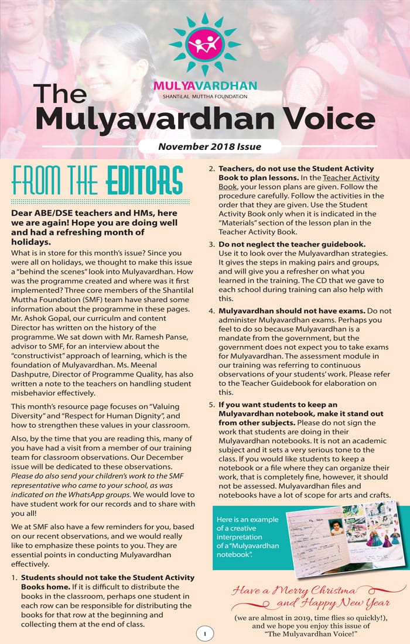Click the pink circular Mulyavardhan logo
click(205, 44)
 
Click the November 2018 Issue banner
click(210, 146)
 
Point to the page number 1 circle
click(205, 633)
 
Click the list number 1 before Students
click(13, 577)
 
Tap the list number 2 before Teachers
click(211, 169)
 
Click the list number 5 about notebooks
click(211, 405)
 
